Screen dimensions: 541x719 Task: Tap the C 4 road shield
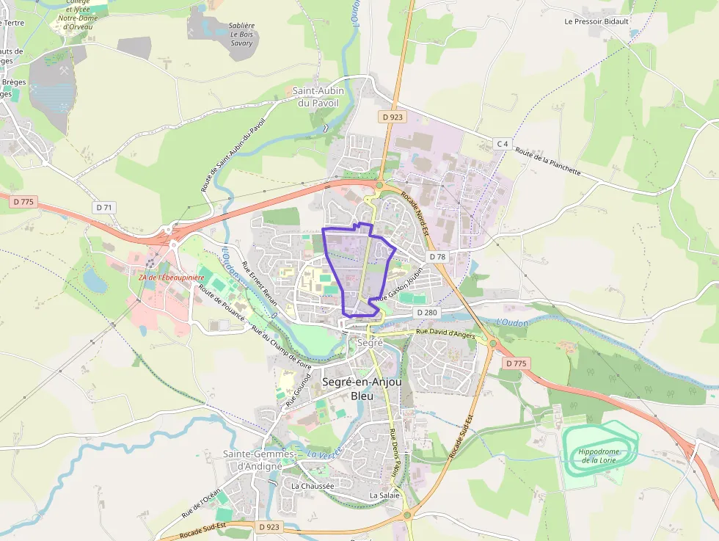point(502,144)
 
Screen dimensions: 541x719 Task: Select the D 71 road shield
point(105,208)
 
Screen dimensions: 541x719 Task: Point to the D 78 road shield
point(437,256)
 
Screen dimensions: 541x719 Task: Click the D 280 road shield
point(426,313)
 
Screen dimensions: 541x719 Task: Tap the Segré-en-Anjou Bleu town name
point(362,389)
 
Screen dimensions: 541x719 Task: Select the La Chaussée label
point(312,486)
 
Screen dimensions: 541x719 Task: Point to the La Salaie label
point(384,495)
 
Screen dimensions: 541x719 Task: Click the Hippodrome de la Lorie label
point(599,456)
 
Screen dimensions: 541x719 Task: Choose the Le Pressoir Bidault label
point(596,21)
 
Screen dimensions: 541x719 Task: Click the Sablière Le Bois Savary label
point(241,34)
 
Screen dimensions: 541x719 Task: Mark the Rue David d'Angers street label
point(445,333)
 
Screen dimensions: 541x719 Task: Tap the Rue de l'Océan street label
point(201,504)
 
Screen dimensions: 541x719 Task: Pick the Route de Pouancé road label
point(218,301)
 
